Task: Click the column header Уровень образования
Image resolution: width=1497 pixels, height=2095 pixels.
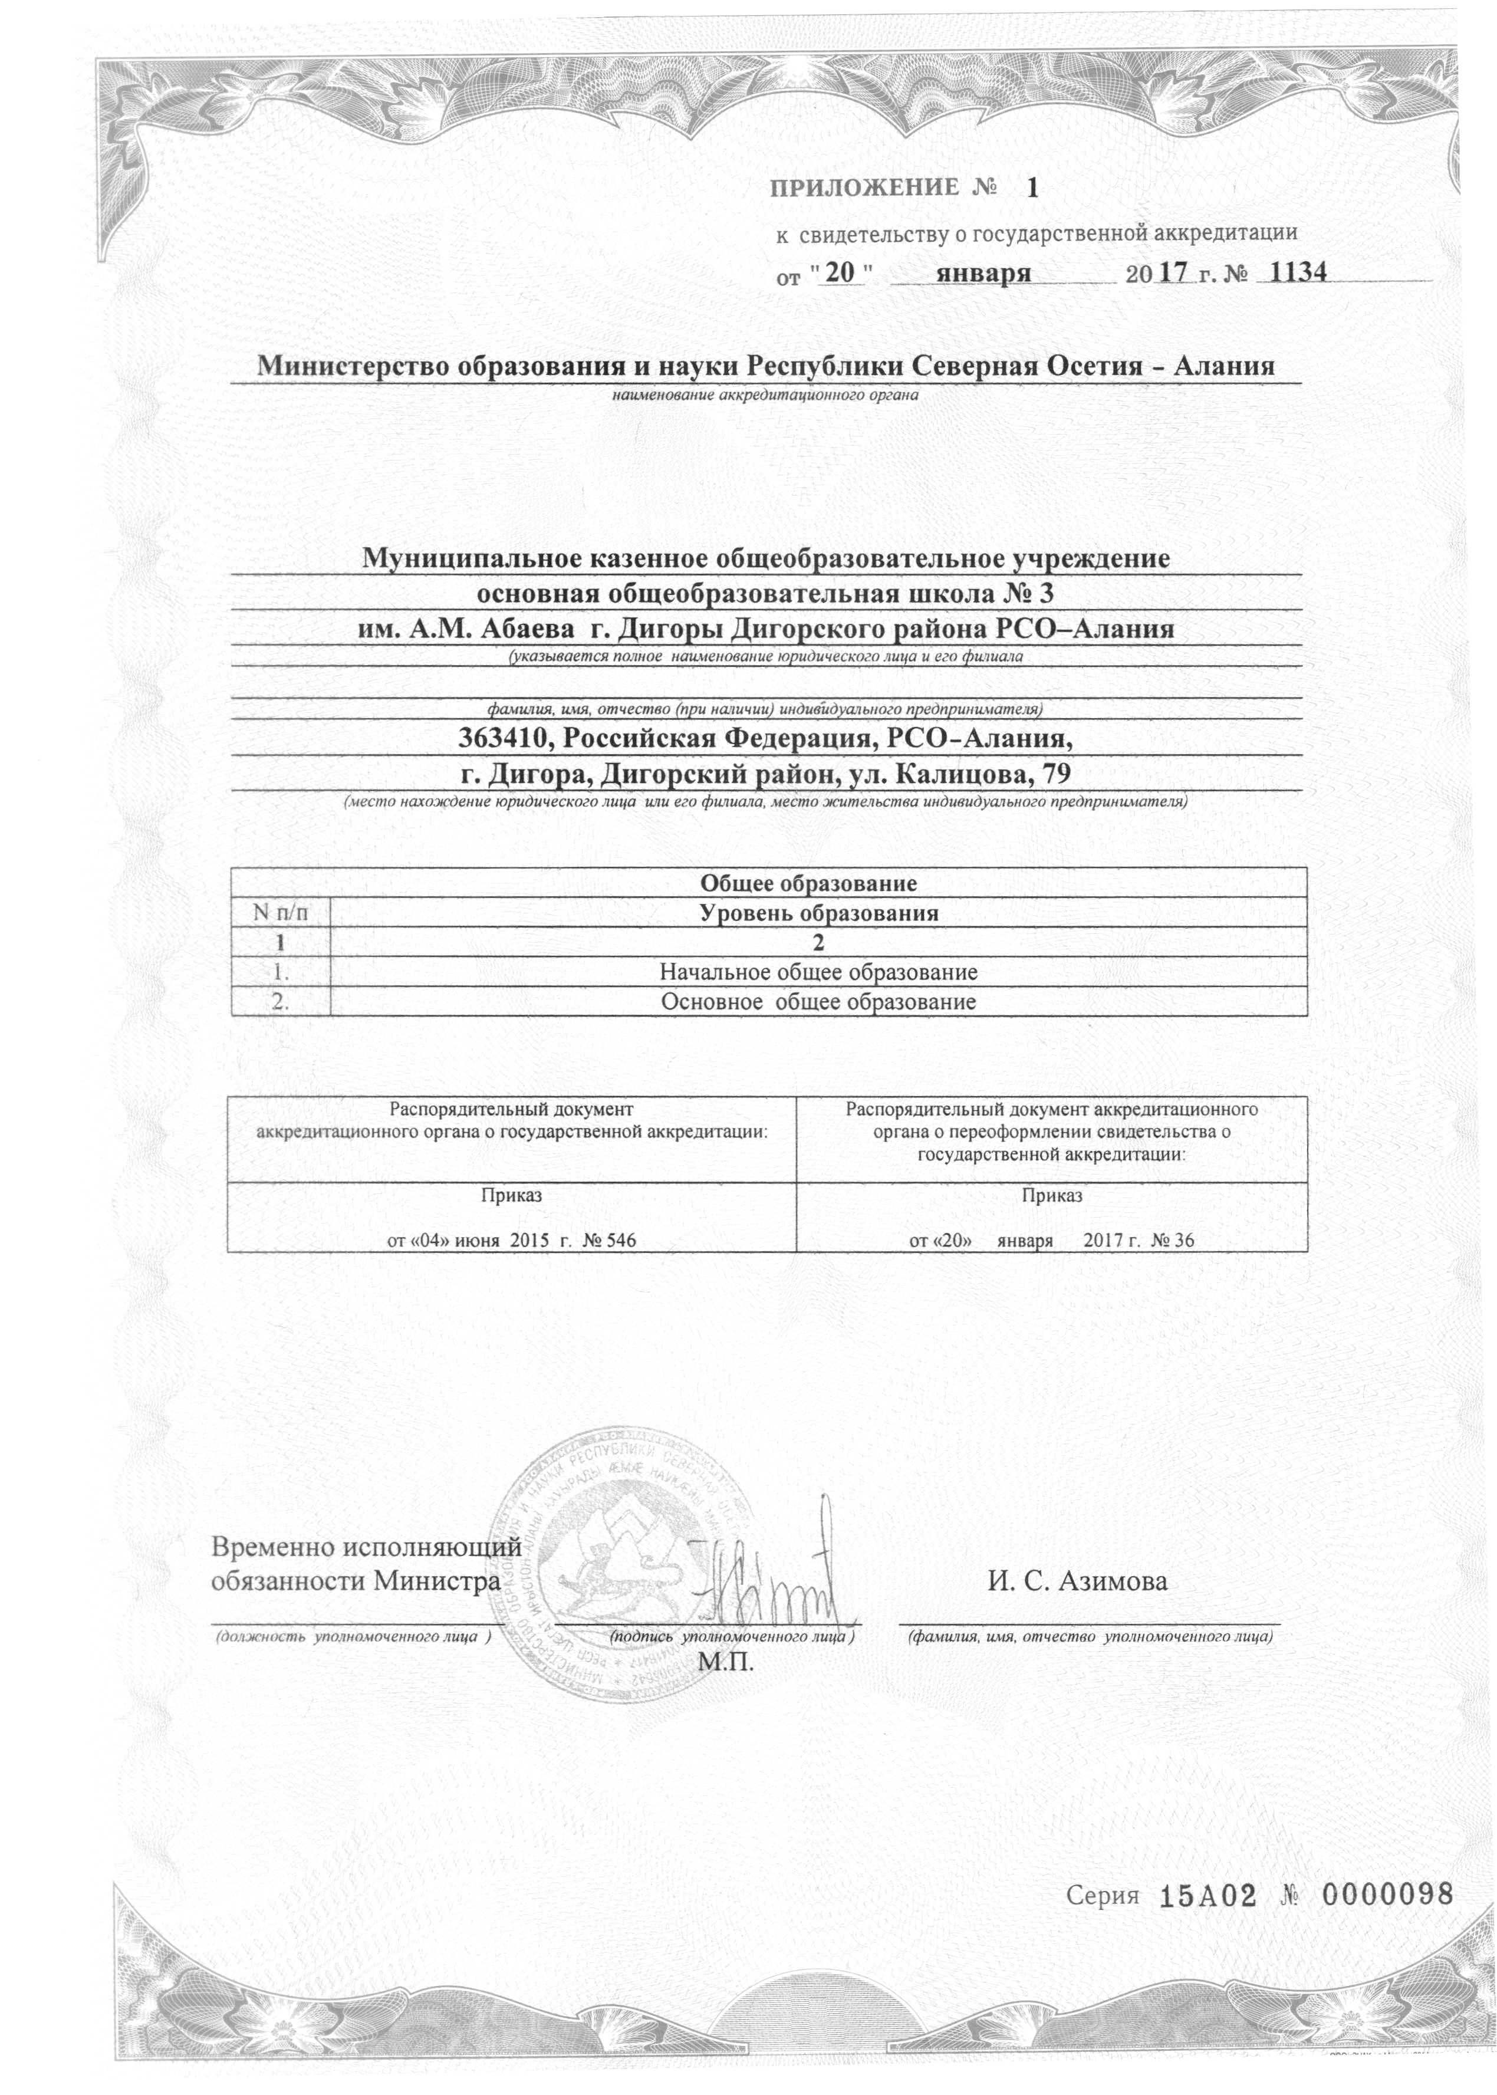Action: (x=818, y=913)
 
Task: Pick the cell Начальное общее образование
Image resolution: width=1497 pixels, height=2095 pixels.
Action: (x=818, y=972)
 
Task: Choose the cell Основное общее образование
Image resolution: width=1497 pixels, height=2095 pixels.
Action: (x=818, y=1002)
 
